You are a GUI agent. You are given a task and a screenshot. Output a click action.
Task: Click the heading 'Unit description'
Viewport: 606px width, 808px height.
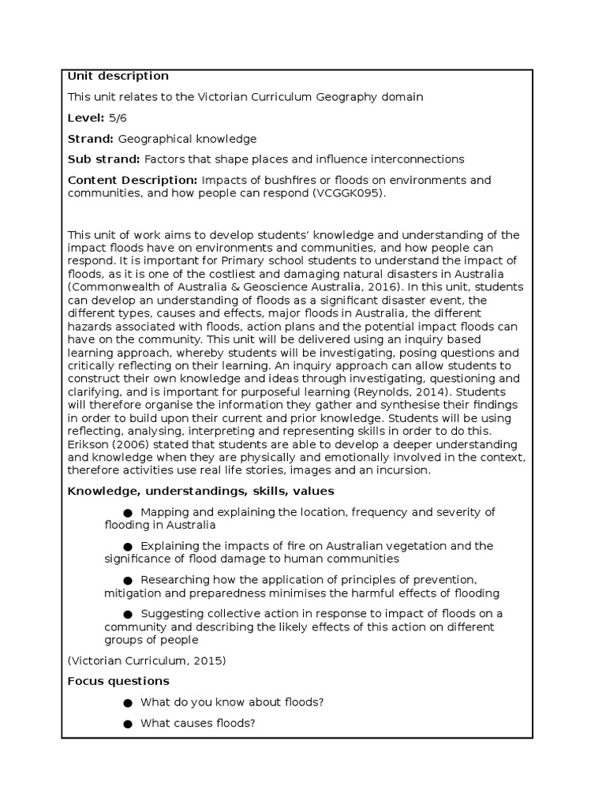tap(118, 77)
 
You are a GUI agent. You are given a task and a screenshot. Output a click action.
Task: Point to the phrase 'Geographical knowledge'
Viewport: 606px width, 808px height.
tap(187, 139)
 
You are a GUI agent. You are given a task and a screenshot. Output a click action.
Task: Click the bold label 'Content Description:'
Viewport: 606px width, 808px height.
tap(133, 181)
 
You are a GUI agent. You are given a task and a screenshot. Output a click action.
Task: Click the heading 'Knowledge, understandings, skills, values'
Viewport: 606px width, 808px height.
tap(200, 491)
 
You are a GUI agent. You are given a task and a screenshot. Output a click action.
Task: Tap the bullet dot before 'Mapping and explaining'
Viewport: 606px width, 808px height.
tap(128, 512)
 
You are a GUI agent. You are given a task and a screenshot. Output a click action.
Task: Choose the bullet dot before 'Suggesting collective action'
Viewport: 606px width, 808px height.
tap(128, 615)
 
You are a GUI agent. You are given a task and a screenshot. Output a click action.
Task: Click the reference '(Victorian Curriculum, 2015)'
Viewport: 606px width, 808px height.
tap(147, 660)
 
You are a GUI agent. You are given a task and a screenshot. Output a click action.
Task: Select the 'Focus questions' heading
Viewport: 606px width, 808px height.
tap(118, 681)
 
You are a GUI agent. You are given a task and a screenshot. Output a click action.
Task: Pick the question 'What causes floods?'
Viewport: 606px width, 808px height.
tap(197, 723)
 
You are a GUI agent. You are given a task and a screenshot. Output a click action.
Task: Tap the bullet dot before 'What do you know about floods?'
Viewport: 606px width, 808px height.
tap(128, 702)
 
